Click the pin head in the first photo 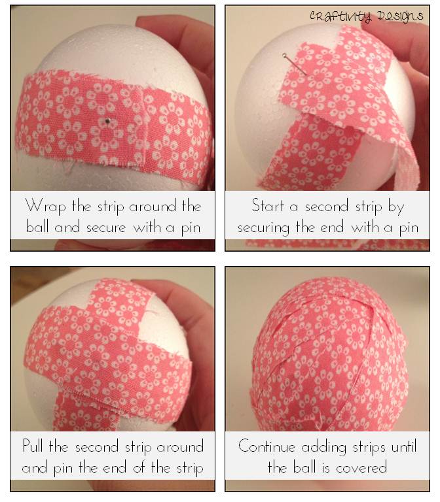(108, 121)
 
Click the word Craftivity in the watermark (340, 16)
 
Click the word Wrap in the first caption (46, 206)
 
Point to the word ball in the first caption (37, 227)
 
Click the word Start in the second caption (268, 205)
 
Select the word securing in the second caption (263, 228)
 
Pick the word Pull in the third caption (32, 445)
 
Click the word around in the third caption (180, 446)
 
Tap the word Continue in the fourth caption (267, 446)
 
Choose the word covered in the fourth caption (361, 468)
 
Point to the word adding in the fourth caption (323, 447)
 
